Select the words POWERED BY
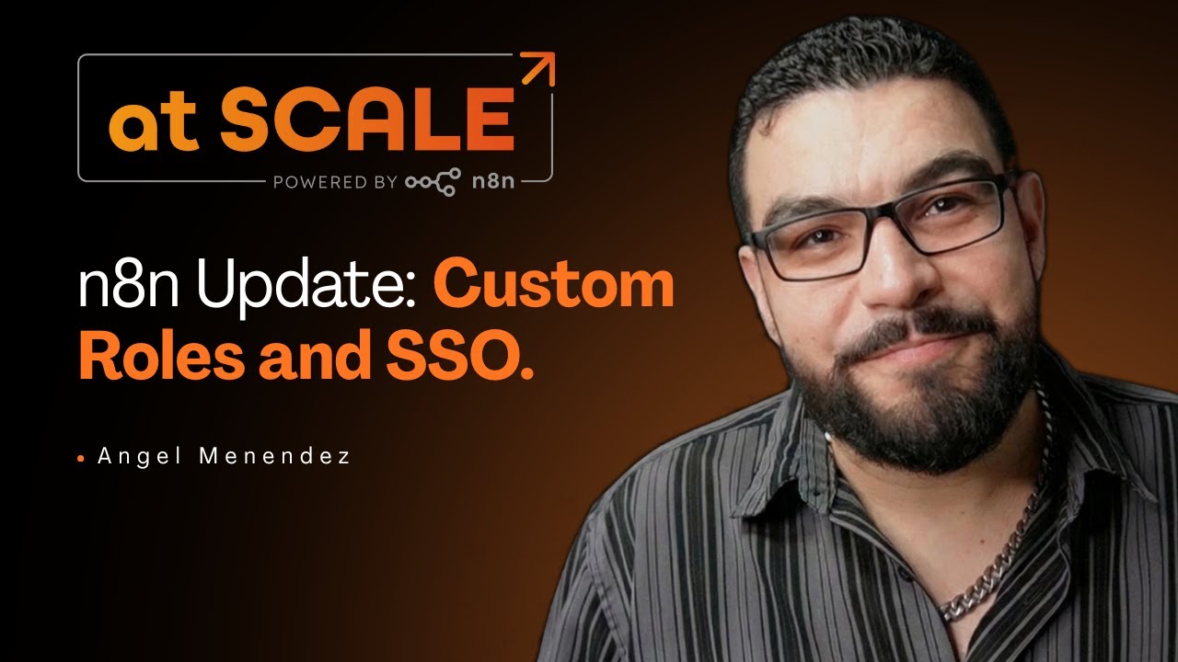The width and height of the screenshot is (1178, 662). point(334,182)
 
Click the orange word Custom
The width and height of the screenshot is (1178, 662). point(554,287)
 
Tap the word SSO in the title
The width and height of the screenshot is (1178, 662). point(451,359)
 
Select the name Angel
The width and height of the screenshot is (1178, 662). point(138,456)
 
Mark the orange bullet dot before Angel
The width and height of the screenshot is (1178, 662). point(81,457)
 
